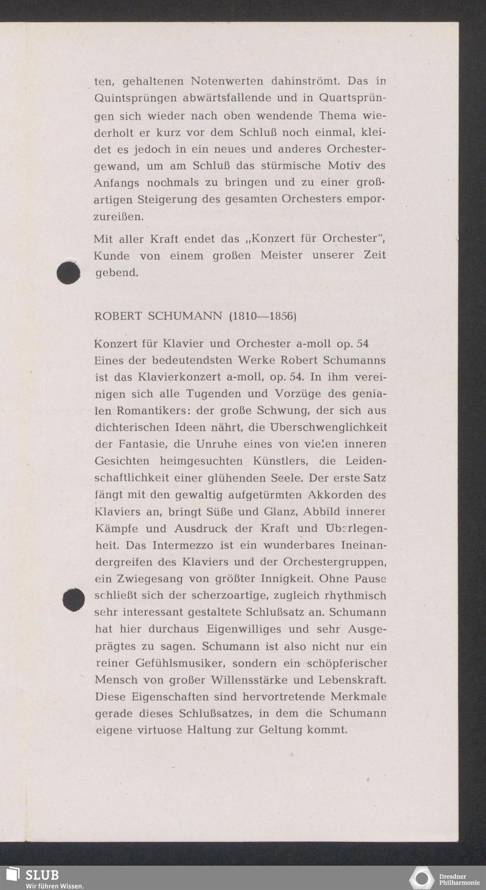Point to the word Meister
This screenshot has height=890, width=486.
tap(281, 255)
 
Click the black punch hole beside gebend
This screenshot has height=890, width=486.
tap(68, 273)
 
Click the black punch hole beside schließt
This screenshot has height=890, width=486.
tap(74, 600)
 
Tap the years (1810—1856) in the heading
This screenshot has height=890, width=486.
tap(262, 316)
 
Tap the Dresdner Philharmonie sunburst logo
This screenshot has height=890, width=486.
tap(421, 878)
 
